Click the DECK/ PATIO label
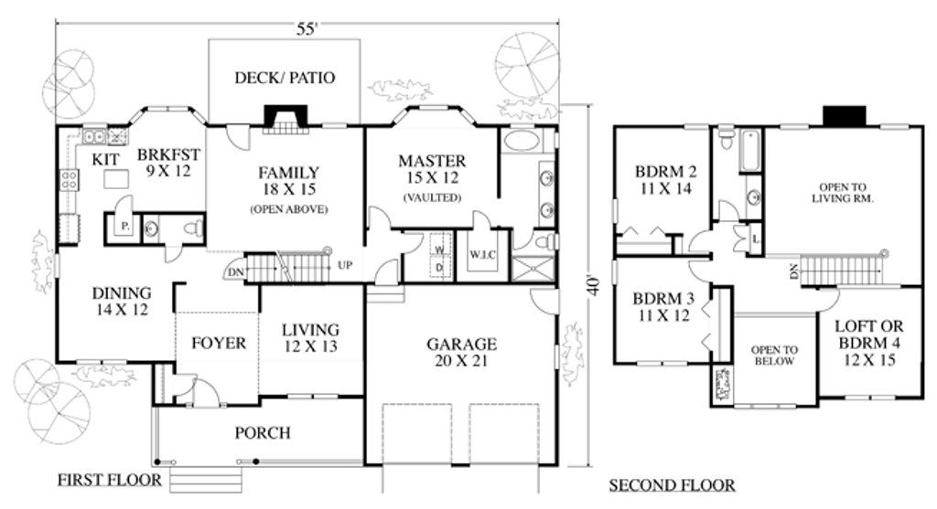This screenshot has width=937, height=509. [285, 78]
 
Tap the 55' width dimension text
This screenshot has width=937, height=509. [307, 29]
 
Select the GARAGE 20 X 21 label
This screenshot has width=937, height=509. [461, 353]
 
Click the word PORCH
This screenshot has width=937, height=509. [262, 432]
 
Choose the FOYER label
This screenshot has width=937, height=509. [218, 344]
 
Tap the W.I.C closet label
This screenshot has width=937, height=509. [482, 254]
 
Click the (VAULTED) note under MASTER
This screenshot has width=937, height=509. [432, 197]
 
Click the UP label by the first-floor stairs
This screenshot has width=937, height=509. [345, 265]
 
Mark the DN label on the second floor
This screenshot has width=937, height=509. [793, 271]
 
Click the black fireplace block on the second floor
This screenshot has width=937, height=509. [843, 116]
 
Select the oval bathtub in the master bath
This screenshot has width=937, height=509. [521, 143]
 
